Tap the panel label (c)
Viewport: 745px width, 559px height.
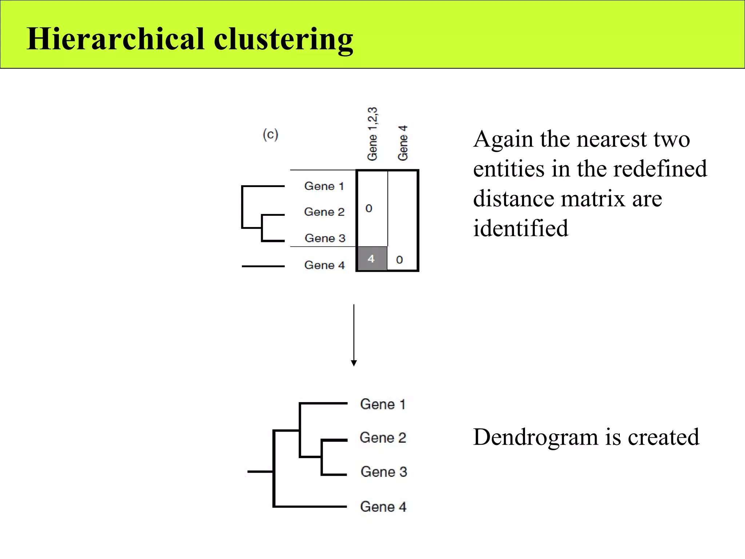tap(270, 135)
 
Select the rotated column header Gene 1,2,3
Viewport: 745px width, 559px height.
tap(372, 134)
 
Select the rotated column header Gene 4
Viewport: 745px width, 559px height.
tap(403, 143)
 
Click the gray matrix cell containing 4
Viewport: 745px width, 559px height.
tap(372, 259)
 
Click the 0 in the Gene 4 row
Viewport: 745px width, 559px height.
tap(399, 260)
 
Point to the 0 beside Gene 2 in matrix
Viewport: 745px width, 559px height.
tap(369, 209)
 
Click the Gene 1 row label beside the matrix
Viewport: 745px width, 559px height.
tap(324, 186)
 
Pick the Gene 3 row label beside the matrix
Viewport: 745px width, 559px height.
tap(325, 238)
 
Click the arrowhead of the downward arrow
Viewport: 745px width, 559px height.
tap(354, 363)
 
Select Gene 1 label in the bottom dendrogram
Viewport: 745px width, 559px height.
tap(383, 404)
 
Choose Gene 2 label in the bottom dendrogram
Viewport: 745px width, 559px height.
tap(383, 437)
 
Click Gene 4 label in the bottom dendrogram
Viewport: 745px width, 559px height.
tap(383, 507)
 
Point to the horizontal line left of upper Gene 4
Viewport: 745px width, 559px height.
tap(263, 266)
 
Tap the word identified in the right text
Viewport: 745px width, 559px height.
tap(521, 228)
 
